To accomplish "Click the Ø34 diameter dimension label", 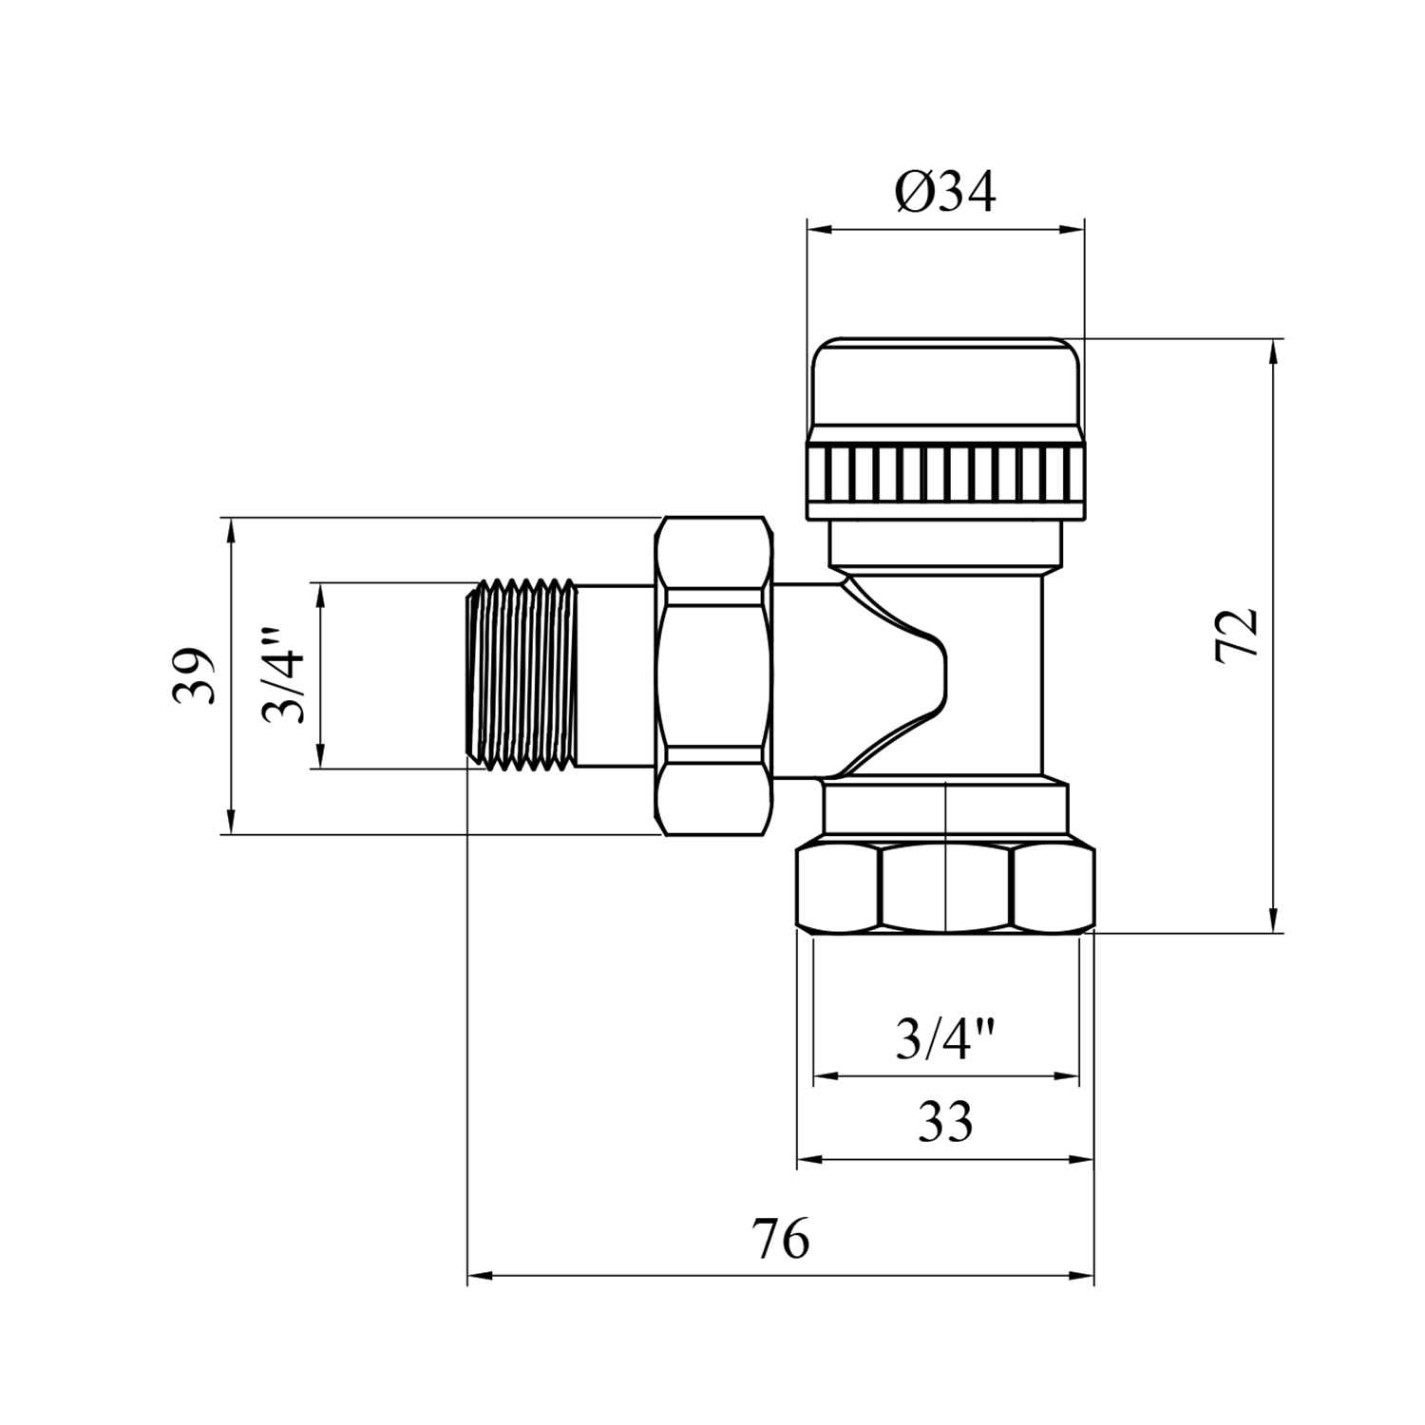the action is pos(944,194).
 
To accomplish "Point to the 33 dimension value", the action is pos(945,1122).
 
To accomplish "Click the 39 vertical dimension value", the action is pos(194,675).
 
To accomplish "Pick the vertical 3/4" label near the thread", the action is pos(284,674).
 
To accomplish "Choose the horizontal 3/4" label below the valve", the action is pos(946,1038).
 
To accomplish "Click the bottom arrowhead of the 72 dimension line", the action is pos(1273,920).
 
